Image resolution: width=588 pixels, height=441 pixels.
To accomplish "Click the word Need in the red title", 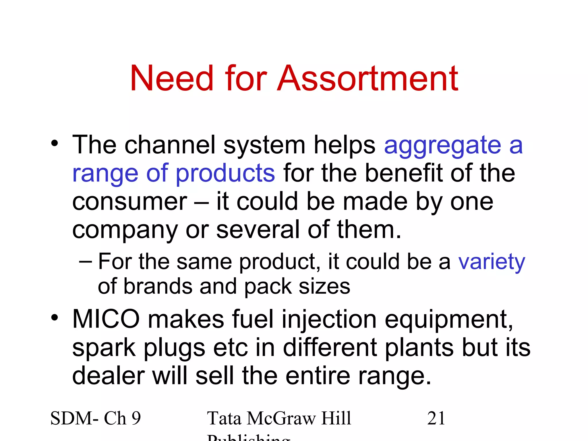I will click(x=172, y=78).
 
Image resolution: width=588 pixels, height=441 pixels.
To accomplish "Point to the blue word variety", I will click(x=492, y=262).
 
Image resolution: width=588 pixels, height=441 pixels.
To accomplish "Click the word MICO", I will click(x=106, y=319).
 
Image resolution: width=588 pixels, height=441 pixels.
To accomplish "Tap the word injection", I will click(x=329, y=319).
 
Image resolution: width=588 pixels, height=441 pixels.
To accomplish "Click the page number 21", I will click(x=436, y=418).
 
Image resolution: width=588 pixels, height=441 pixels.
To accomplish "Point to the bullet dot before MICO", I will click(x=55, y=318).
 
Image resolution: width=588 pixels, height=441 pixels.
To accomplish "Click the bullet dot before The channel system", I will click(x=55, y=143).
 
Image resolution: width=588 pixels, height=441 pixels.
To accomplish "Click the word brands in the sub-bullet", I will click(x=158, y=287).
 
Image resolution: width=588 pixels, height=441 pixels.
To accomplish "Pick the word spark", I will click(x=104, y=348).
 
